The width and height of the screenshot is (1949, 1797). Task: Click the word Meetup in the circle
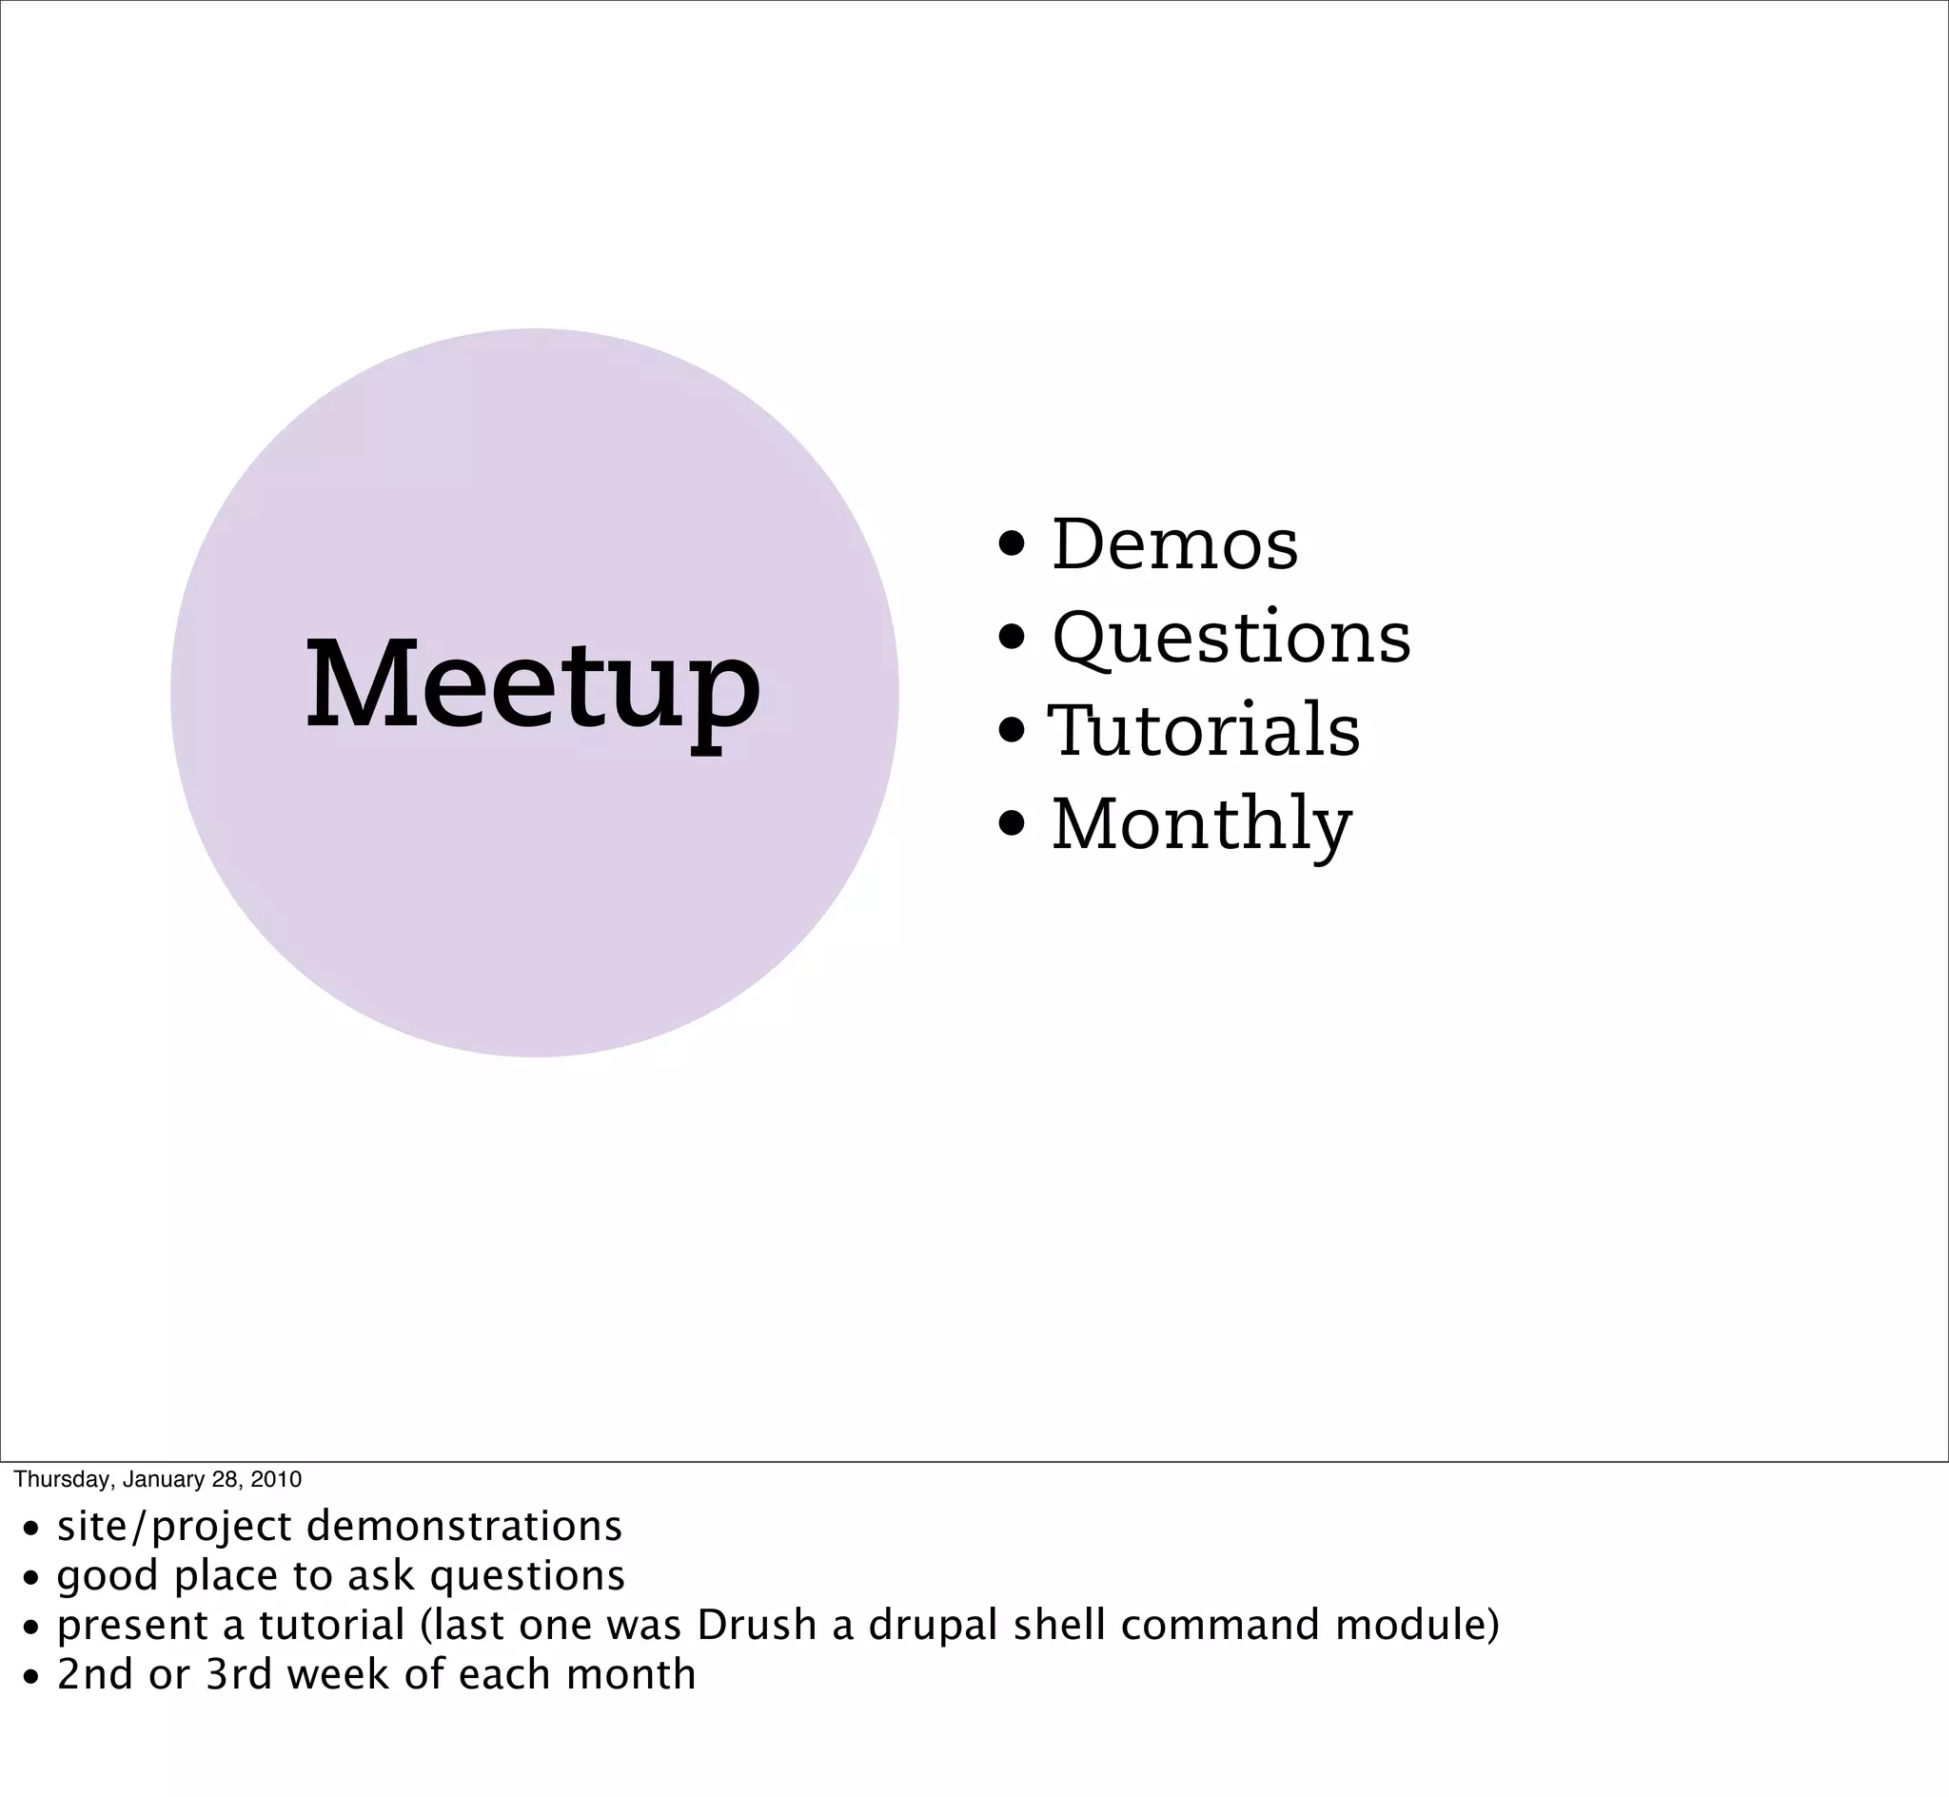[x=533, y=685]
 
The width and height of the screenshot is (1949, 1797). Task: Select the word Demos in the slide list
[x=1174, y=544]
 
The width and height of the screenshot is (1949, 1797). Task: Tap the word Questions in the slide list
[x=1230, y=638]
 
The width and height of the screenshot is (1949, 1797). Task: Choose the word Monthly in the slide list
[x=1202, y=824]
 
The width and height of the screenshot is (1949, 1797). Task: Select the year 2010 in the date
[x=276, y=1479]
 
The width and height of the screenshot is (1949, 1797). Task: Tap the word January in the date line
[x=163, y=1479]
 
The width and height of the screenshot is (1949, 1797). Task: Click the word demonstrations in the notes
[x=463, y=1527]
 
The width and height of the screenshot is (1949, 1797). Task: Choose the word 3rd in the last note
[x=239, y=1674]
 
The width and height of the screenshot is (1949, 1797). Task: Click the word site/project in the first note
[x=174, y=1527]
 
